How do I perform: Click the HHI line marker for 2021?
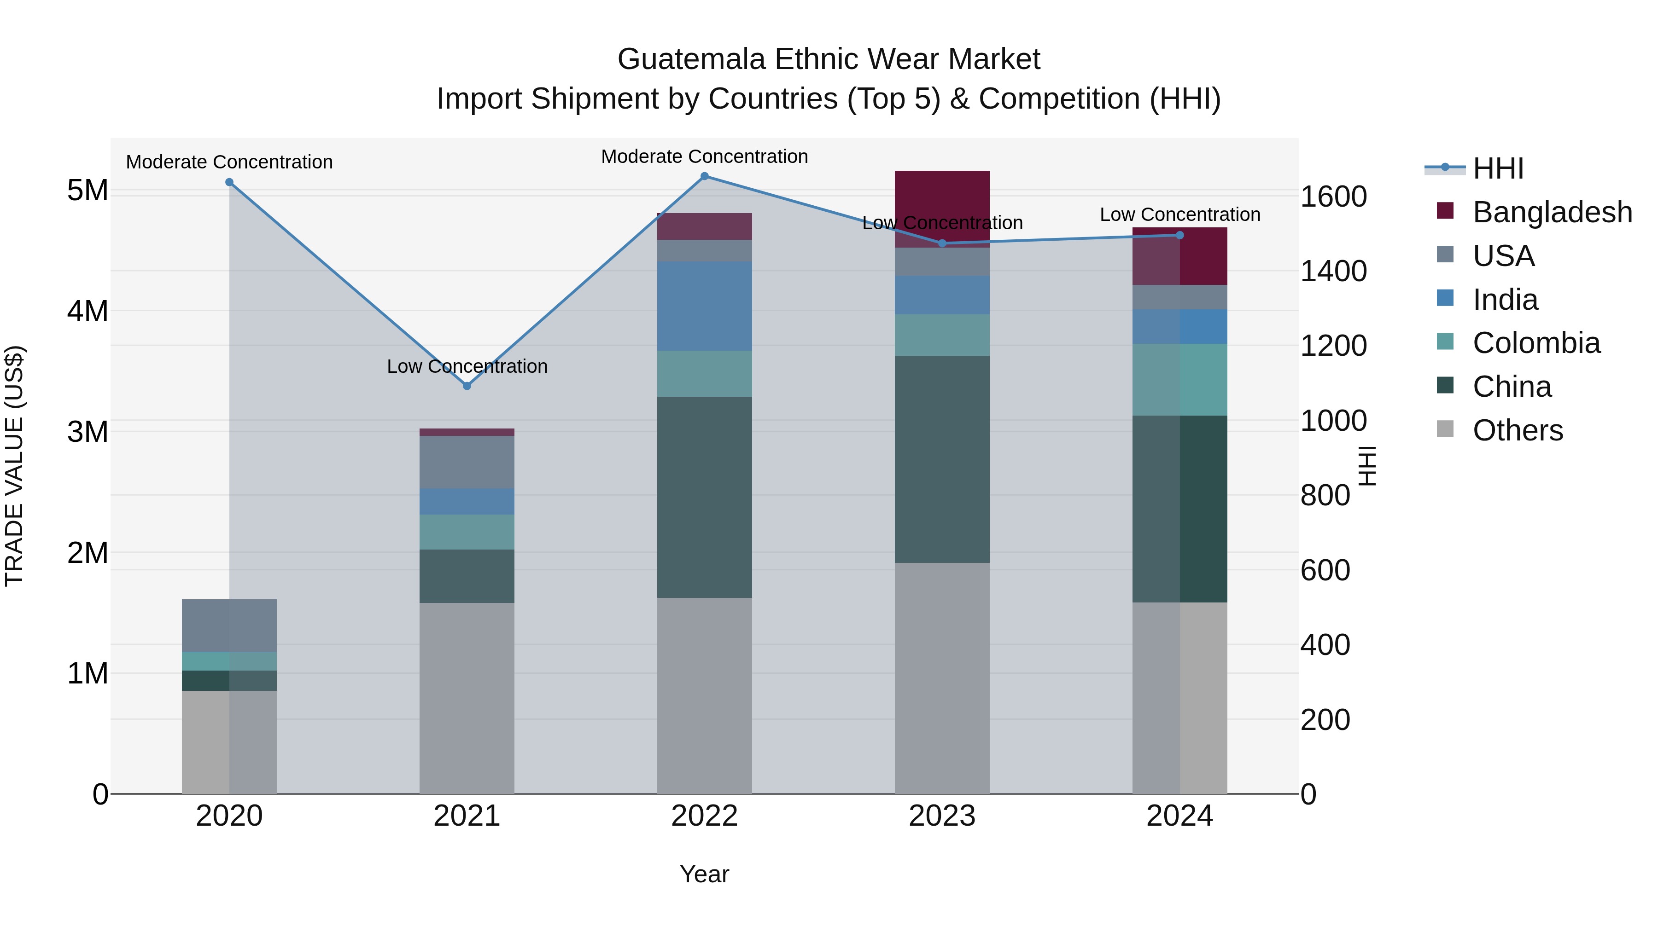(467, 386)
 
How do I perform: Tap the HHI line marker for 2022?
(704, 176)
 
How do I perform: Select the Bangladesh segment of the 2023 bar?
(942, 209)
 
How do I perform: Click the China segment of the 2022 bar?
(704, 497)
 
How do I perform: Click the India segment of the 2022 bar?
(704, 306)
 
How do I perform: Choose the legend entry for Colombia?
(1535, 343)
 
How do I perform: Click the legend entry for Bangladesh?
(1552, 212)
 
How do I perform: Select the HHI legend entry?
(1498, 168)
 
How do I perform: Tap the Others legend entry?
(1517, 430)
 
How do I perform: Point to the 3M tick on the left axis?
(88, 432)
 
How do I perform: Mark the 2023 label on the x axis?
(942, 816)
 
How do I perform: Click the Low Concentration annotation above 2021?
(467, 367)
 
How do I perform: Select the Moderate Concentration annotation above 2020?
(229, 162)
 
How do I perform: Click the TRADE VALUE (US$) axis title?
(14, 466)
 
